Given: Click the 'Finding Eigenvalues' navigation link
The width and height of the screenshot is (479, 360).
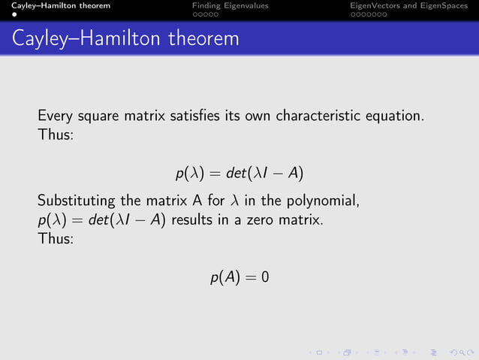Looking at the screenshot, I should [230, 5].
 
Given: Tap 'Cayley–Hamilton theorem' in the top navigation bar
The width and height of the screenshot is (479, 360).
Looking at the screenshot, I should [56, 5].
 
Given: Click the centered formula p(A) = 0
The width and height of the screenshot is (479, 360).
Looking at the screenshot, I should [239, 278].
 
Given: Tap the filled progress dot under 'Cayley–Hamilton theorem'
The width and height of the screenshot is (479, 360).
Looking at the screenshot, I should [14, 14].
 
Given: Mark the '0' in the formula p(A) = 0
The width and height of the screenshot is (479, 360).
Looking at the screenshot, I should [265, 278].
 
